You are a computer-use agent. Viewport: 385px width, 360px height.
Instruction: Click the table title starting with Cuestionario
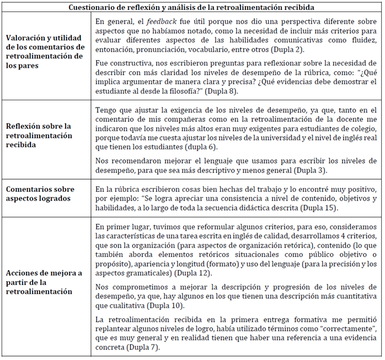coord(192,7)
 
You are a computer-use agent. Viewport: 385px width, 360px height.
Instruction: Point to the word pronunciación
coord(164,50)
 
